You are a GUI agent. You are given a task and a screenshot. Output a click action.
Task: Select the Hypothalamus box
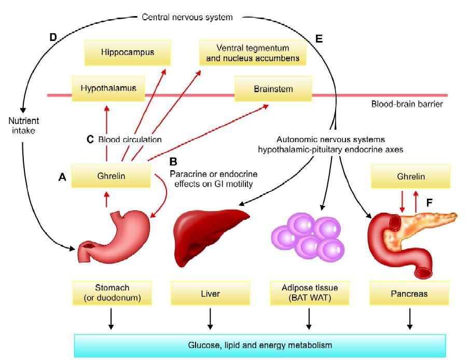108,88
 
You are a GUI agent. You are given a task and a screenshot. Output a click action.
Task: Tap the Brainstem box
273,89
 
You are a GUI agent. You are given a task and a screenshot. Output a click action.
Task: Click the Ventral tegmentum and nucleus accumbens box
253,53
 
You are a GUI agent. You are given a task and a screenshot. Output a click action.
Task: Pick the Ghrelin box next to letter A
110,176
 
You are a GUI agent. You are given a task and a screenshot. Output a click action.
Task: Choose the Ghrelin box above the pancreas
410,176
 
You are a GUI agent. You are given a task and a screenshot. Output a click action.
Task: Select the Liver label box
210,294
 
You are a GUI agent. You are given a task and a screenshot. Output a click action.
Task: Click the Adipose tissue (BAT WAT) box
309,293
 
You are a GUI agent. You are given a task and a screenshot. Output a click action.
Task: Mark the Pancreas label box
410,294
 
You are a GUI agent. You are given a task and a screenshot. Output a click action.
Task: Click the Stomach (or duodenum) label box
112,293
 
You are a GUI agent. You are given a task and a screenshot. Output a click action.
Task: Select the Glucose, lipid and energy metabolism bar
259,345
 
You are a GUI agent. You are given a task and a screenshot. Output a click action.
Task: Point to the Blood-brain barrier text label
407,104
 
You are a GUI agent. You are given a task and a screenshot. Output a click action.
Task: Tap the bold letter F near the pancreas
430,203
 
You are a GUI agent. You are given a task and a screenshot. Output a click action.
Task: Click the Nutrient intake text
23,126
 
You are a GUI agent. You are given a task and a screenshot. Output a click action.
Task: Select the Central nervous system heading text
187,17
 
